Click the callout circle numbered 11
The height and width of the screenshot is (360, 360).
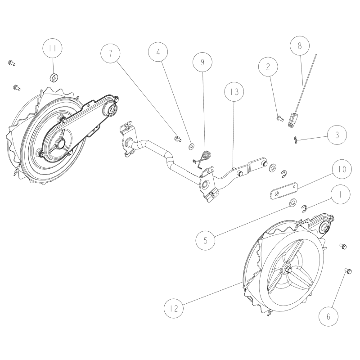click(x=53, y=48)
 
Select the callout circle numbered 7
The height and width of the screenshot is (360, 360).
click(x=110, y=53)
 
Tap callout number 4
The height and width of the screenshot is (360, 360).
click(x=158, y=52)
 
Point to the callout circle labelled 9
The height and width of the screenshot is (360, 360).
click(x=202, y=62)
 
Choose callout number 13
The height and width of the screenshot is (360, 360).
click(x=234, y=92)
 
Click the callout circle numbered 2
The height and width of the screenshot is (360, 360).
click(x=268, y=66)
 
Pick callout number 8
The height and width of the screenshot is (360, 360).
click(x=300, y=46)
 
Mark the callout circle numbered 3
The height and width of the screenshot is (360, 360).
click(x=337, y=135)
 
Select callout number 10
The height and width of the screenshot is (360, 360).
click(x=342, y=169)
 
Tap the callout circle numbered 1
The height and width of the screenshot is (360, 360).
click(x=341, y=195)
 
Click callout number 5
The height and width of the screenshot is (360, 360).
click(x=206, y=240)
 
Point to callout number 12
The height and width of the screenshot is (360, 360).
click(x=174, y=308)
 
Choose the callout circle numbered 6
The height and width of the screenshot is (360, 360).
click(x=328, y=317)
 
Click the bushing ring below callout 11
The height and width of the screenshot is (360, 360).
click(x=54, y=77)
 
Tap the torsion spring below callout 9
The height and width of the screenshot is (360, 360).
click(x=203, y=158)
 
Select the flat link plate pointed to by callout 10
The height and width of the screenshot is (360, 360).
click(x=284, y=190)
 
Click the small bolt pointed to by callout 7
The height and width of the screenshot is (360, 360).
click(x=177, y=139)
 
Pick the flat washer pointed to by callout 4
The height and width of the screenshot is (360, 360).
click(x=191, y=146)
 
